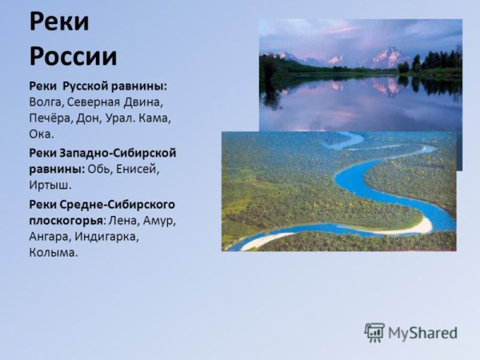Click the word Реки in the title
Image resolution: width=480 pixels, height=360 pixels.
point(60,22)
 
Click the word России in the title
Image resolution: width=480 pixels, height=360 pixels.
point(73,55)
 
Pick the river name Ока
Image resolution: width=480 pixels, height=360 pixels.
point(42,134)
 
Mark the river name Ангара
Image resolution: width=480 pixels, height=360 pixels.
point(50,236)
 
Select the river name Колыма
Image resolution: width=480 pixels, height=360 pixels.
point(54,253)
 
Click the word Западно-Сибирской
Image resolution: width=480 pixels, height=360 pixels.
point(118,152)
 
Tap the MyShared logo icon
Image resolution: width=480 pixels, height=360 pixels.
point(374,332)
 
